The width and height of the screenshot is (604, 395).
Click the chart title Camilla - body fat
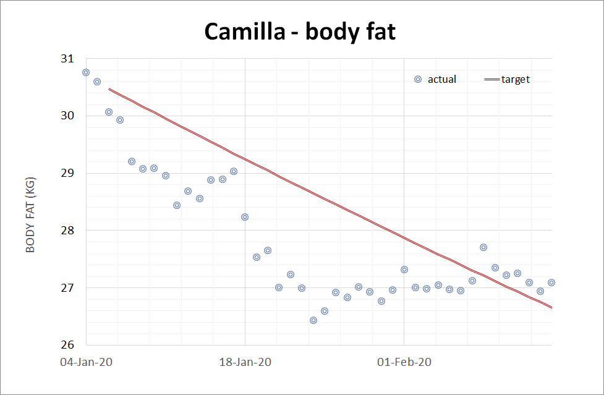point(300,32)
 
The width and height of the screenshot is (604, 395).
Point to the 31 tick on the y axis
point(67,59)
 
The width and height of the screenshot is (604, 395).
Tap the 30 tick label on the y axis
point(67,116)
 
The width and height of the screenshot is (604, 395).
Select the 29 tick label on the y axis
point(67,173)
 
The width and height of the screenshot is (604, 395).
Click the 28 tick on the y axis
point(67,231)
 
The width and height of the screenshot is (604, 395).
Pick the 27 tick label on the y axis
point(67,288)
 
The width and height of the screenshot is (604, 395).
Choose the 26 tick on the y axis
point(67,345)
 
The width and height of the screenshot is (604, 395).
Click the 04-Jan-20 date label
point(86,362)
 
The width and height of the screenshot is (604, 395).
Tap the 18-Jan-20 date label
point(245,362)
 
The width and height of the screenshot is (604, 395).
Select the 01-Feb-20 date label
point(404,362)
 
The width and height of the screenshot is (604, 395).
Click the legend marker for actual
point(418,79)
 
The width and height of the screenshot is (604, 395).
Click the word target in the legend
point(516,80)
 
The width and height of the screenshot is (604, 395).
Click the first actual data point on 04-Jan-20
point(86,72)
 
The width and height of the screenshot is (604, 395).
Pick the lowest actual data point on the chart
point(313,320)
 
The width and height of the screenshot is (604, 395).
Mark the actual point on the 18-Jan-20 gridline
point(245,217)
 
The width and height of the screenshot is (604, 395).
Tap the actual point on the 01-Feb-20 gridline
point(404,270)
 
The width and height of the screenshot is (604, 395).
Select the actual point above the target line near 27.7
point(483,247)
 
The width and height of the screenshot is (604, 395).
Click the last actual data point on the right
point(551,282)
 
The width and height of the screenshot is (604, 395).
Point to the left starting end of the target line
point(109,89)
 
